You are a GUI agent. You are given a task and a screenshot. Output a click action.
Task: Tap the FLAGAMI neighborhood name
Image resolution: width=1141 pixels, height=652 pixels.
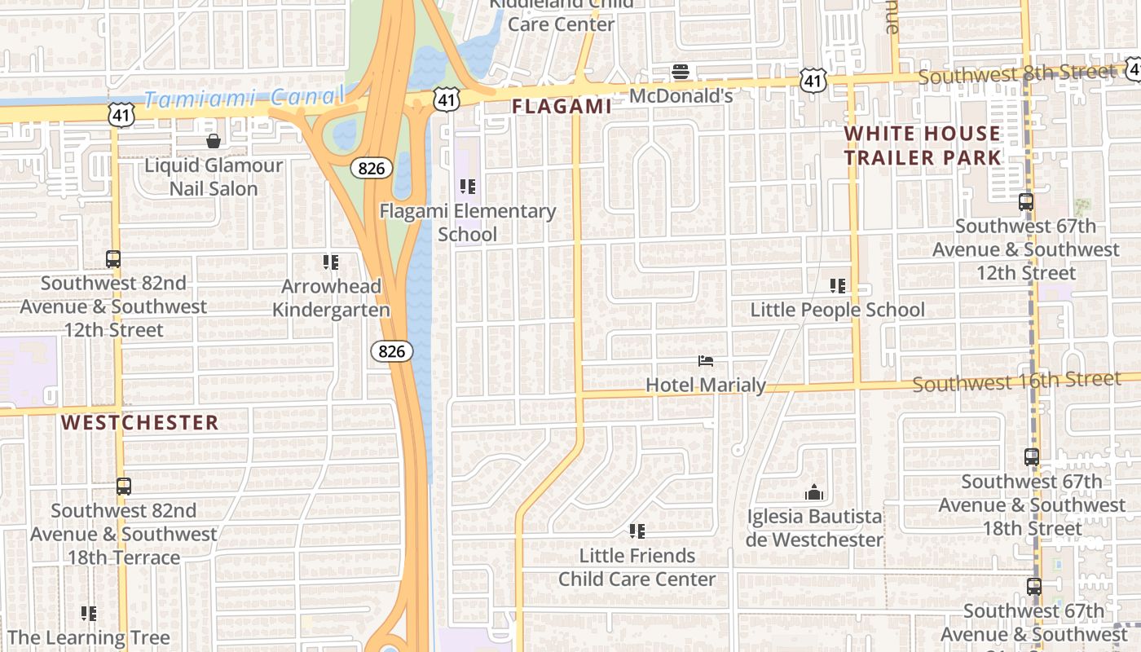pos(562,107)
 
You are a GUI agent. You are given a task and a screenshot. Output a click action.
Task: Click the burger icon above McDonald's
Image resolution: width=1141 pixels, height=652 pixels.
pos(681,73)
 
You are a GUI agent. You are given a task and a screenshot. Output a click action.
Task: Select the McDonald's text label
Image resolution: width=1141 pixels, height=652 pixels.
pos(681,96)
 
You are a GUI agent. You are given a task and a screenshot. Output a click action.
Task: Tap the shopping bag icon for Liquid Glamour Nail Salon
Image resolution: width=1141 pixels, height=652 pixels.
pos(214,141)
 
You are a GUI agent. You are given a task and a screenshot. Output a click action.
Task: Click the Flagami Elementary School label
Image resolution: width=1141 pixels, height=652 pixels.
pos(468,222)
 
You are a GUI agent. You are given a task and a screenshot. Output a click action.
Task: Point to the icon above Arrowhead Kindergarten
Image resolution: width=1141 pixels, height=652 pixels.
pos(330,262)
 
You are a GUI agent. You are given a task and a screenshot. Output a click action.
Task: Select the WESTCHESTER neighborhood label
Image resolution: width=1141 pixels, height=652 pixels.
pos(140,422)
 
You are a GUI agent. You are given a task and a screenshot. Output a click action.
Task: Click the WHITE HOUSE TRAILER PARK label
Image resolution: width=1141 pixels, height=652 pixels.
pos(922,145)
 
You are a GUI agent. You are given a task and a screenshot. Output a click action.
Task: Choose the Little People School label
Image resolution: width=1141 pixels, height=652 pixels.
pos(837,310)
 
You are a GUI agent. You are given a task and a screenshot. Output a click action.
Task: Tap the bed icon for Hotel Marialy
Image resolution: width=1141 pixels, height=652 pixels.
pos(706,361)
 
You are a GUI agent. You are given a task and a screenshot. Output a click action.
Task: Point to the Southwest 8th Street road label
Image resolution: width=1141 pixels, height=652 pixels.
pos(1016,75)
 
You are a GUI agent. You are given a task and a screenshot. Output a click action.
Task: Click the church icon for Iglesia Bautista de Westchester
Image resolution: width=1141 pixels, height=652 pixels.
pos(813,493)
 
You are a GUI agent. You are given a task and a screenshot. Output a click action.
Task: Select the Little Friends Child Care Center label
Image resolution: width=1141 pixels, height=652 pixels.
pos(637,567)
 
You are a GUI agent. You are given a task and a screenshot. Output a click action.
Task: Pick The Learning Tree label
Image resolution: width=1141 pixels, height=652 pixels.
pos(89,637)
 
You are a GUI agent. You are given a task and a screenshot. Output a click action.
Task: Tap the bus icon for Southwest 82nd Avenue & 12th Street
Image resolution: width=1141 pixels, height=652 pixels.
pos(113,259)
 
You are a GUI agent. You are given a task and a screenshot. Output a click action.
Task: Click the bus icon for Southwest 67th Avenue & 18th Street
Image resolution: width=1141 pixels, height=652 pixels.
pos(1032,457)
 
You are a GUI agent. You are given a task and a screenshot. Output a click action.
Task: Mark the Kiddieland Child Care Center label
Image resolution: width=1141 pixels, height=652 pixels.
pos(561,15)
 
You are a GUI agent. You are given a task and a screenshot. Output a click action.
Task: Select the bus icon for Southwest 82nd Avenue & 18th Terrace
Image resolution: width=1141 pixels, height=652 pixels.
pos(123,487)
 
